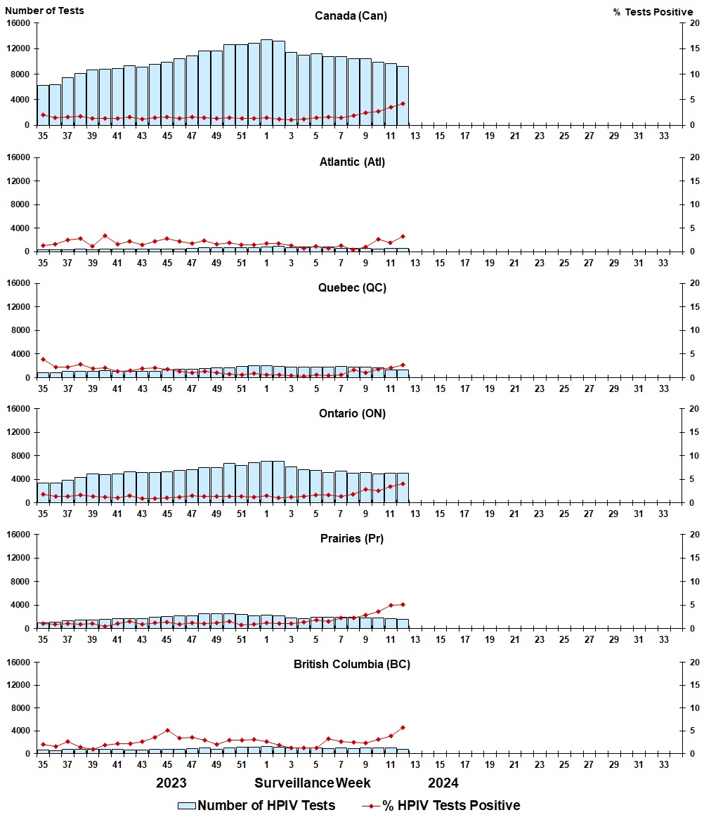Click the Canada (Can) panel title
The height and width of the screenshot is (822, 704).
[351, 15]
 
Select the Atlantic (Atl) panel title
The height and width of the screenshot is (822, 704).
[351, 162]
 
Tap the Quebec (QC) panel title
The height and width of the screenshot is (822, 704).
[351, 287]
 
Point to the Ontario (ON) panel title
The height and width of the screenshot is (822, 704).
[351, 413]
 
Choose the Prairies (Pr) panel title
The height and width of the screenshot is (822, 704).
[351, 538]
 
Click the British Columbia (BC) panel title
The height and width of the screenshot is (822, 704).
[351, 664]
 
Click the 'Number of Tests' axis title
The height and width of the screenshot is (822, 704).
[44, 11]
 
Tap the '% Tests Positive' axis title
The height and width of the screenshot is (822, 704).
[653, 12]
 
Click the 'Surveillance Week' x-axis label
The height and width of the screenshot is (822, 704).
[313, 783]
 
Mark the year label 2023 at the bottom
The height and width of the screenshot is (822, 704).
[171, 783]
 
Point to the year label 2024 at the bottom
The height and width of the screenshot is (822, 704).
[443, 783]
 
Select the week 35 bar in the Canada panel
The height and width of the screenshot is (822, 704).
[43, 105]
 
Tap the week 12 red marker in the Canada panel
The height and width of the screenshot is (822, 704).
[403, 103]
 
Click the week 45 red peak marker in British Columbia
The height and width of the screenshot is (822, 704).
[167, 730]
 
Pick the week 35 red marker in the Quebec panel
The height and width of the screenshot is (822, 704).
[43, 359]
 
